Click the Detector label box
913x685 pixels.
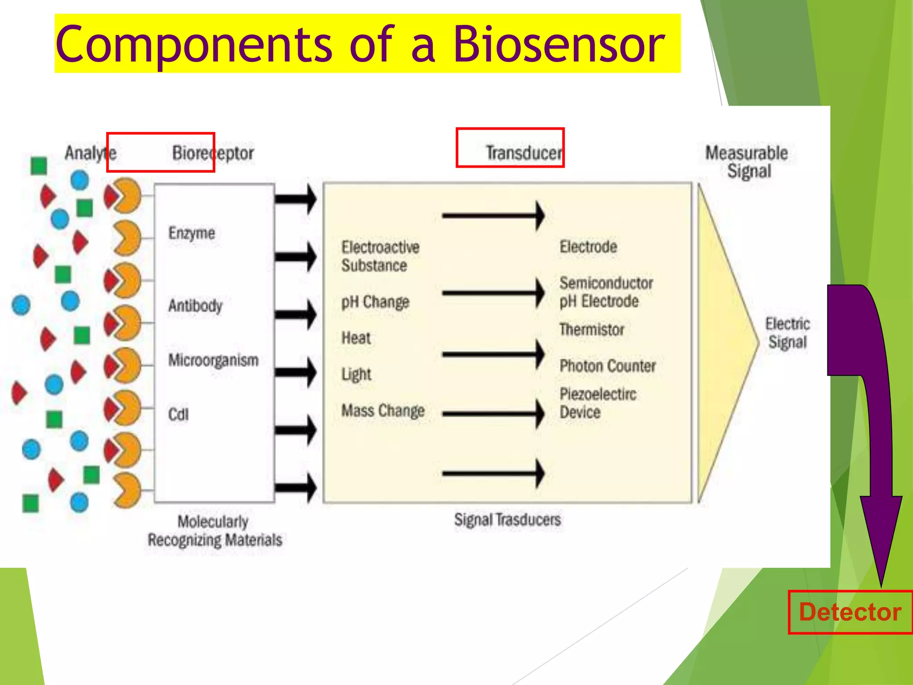click(x=850, y=612)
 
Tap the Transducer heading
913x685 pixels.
click(x=523, y=153)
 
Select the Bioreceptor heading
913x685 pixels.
click(x=213, y=153)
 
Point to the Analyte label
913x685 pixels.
click(x=90, y=153)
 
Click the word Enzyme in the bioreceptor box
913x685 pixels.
click(x=192, y=233)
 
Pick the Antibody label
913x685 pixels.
click(x=195, y=306)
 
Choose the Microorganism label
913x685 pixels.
click(x=213, y=360)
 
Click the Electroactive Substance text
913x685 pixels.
click(x=380, y=256)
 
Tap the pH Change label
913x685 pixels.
click(x=375, y=302)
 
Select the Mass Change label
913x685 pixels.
click(x=382, y=410)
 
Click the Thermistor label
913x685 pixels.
click(x=592, y=330)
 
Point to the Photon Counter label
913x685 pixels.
click(x=607, y=366)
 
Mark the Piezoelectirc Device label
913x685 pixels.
click(x=597, y=403)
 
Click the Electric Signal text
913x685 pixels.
click(x=787, y=333)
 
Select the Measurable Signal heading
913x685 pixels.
click(x=747, y=162)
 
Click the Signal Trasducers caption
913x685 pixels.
click(x=507, y=520)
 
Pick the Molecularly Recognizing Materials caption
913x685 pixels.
click(x=214, y=531)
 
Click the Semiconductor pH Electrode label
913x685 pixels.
click(x=605, y=292)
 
